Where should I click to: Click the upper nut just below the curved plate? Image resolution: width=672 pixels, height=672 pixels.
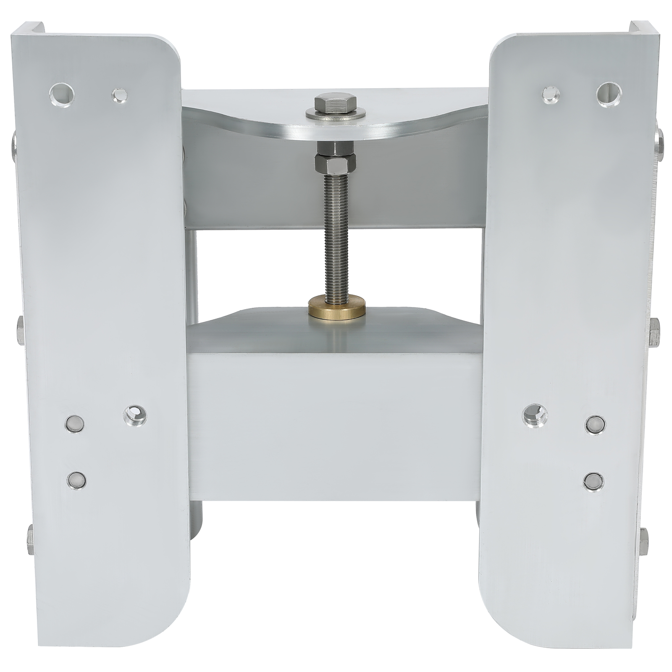pyautogui.click(x=335, y=148)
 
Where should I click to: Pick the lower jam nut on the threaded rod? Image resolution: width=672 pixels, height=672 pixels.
pyautogui.click(x=335, y=164)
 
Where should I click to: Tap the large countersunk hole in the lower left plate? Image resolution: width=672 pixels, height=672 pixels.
pyautogui.click(x=135, y=415)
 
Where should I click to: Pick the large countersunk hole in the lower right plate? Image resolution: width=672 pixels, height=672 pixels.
pyautogui.click(x=535, y=415)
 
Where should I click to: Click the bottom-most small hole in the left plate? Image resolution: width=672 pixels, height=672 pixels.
pyautogui.click(x=76, y=480)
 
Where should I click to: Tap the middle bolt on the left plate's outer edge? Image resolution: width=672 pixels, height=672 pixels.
pyautogui.click(x=20, y=330)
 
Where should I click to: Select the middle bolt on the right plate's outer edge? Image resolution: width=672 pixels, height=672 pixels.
pyautogui.click(x=654, y=332)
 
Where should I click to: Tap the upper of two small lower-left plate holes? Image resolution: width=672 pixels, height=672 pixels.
pyautogui.click(x=75, y=423)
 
